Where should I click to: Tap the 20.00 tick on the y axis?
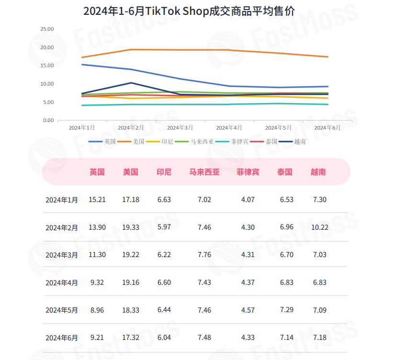(47, 47)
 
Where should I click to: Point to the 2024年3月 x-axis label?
(180, 128)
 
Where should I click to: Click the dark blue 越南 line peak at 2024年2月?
(131, 83)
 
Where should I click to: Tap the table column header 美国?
(130, 172)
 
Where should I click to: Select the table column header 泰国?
(284, 172)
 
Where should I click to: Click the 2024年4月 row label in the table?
(62, 282)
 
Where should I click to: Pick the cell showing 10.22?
(319, 227)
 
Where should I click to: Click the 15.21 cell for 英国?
(97, 200)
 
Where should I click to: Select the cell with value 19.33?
(130, 227)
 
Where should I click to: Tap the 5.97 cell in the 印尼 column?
(164, 227)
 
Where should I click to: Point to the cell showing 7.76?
(204, 255)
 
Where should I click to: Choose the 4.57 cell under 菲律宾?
(248, 310)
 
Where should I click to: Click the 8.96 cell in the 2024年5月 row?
(97, 310)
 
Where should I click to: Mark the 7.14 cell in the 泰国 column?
(286, 337)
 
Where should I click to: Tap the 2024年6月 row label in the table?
(62, 337)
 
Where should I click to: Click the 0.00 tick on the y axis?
(48, 120)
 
